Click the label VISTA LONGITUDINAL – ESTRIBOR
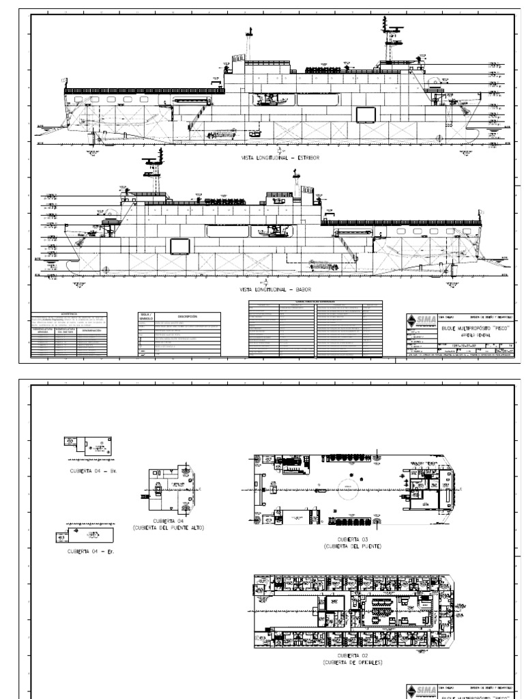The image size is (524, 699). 279,157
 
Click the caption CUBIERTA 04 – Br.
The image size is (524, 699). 94,470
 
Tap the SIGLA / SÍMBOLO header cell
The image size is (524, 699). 148,317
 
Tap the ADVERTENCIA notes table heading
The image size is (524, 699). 70,314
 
